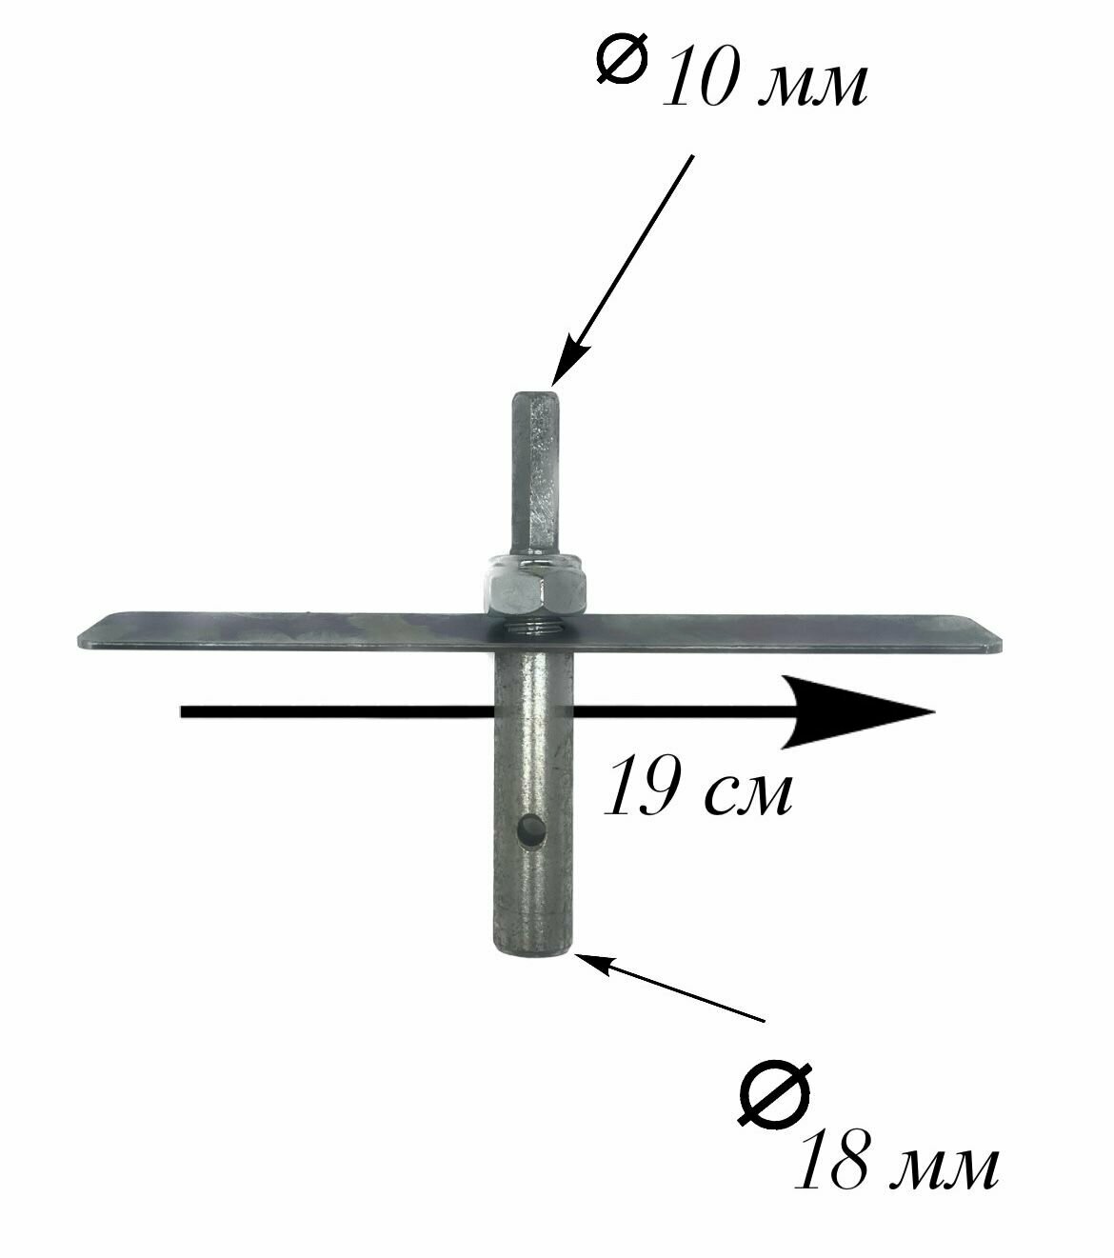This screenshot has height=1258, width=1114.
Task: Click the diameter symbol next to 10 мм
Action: (x=621, y=60)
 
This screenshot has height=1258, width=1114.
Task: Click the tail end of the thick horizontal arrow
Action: (x=187, y=711)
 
